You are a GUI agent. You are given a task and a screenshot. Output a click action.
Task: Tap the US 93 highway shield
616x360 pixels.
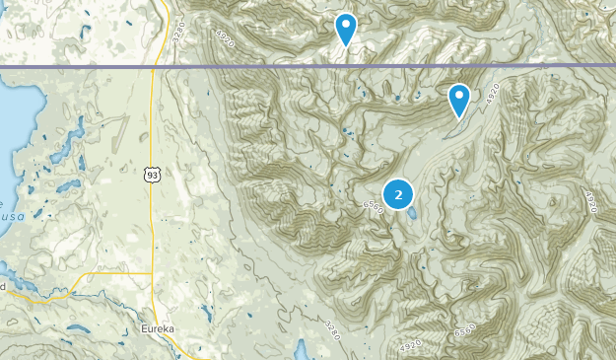pos(151,175)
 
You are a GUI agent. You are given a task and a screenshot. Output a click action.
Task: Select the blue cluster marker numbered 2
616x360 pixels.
pos(397,194)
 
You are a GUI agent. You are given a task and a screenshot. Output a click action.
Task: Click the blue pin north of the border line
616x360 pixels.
pos(345,28)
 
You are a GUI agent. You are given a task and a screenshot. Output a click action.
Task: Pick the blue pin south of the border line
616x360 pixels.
pos(459,99)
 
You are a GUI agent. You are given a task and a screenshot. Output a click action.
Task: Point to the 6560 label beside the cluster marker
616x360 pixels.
pos(373,206)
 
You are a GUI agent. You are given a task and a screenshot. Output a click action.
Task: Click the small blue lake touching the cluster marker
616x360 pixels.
pos(412,212)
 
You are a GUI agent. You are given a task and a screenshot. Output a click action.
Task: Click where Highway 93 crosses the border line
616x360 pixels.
pos(154,66)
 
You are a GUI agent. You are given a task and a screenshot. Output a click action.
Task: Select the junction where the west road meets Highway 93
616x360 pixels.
pos(154,273)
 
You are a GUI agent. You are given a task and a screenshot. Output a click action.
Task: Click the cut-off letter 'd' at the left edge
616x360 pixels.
pos(3,286)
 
